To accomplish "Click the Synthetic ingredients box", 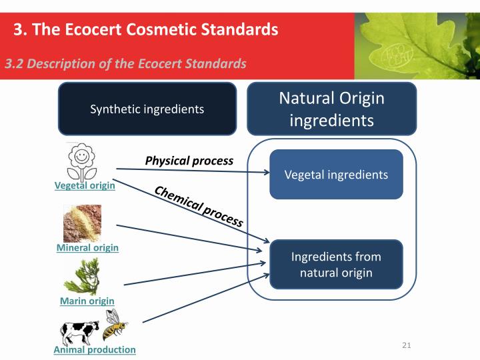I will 147,109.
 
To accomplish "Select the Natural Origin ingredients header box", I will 331,109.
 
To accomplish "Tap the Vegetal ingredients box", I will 336,175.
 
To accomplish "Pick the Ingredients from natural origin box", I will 336,265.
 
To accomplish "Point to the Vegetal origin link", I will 85,185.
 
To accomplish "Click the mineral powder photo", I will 82,223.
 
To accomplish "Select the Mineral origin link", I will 87,248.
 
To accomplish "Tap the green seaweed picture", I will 85,277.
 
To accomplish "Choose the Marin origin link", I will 87,301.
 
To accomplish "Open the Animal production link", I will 95,349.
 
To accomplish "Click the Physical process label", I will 189,161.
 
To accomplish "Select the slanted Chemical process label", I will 199,207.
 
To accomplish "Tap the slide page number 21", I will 407,345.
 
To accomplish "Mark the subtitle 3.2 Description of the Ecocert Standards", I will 126,64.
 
